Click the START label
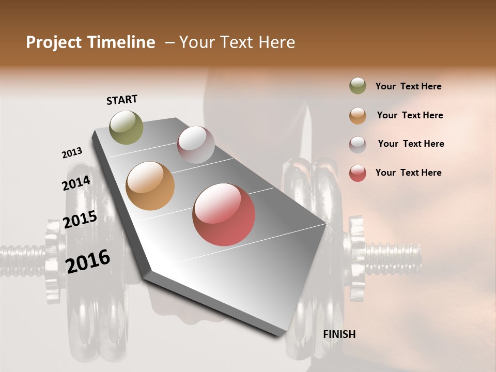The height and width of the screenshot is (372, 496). click(122, 100)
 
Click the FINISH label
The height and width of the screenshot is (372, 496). click(339, 334)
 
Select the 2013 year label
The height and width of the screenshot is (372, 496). click(72, 153)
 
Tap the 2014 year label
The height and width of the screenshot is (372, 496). click(76, 183)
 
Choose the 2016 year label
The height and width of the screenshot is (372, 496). click(87, 261)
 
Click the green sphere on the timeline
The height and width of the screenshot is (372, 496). click(127, 127)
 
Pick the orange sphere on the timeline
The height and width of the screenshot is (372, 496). click(150, 186)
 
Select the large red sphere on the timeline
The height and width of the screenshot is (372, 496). click(224, 214)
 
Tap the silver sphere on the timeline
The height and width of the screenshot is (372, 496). click(196, 144)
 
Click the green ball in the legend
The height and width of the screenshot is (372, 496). click(358, 86)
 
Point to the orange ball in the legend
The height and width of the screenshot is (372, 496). click(358, 116)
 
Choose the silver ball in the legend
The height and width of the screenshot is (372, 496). click(358, 145)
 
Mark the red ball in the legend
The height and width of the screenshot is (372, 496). click(358, 173)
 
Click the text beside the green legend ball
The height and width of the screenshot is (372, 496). click(408, 87)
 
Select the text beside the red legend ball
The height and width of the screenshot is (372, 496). click(408, 173)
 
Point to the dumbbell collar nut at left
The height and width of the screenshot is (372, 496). click(53, 258)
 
